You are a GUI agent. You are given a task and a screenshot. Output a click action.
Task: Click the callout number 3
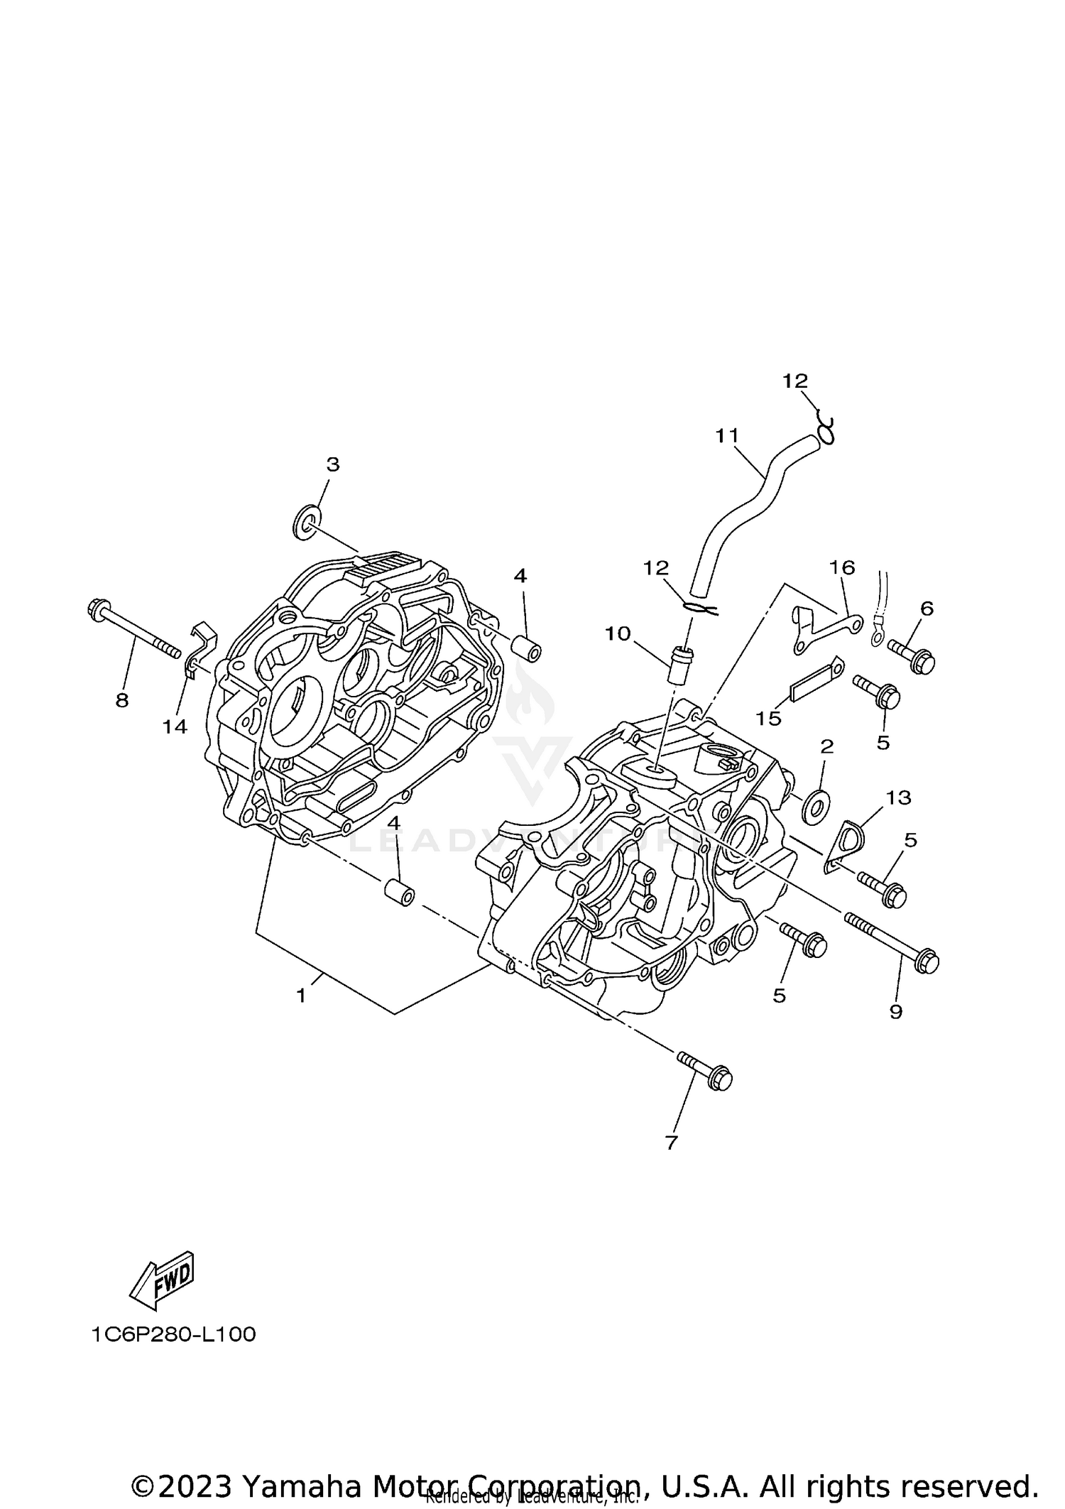pyautogui.click(x=332, y=464)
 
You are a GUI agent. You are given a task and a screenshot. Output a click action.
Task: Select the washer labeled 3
pyautogui.click(x=306, y=521)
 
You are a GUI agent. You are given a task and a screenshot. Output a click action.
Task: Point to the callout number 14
pyautogui.click(x=175, y=726)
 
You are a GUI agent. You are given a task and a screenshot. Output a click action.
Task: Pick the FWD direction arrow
pyautogui.click(x=162, y=1280)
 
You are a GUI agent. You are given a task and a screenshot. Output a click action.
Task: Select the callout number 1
pyautogui.click(x=301, y=996)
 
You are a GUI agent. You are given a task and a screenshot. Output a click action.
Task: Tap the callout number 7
pyautogui.click(x=672, y=1142)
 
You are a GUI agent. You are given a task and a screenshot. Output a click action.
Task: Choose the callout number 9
pyautogui.click(x=895, y=1011)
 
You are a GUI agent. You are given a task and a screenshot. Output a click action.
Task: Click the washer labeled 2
pyautogui.click(x=814, y=807)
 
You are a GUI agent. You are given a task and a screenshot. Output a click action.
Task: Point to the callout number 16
pyautogui.click(x=842, y=567)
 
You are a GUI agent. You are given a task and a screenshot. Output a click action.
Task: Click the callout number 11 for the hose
pyautogui.click(x=727, y=435)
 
